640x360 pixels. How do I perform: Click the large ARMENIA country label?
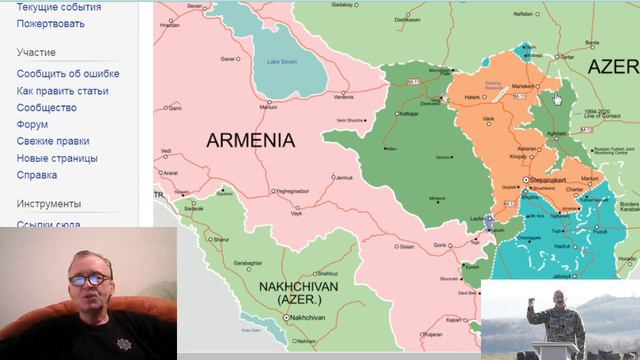pyautogui.click(x=250, y=140)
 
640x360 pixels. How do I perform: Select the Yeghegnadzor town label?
pyautogui.click(x=293, y=191)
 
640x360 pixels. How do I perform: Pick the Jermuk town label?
pyautogui.click(x=343, y=178)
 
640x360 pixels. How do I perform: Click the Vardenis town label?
pyautogui.click(x=343, y=97)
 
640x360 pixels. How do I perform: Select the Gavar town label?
pyautogui.click(x=229, y=59)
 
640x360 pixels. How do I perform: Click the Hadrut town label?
pyautogui.click(x=562, y=246)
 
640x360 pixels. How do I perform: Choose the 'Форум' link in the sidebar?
pyautogui.click(x=32, y=124)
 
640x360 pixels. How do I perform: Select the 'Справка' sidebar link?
pyautogui.click(x=37, y=175)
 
